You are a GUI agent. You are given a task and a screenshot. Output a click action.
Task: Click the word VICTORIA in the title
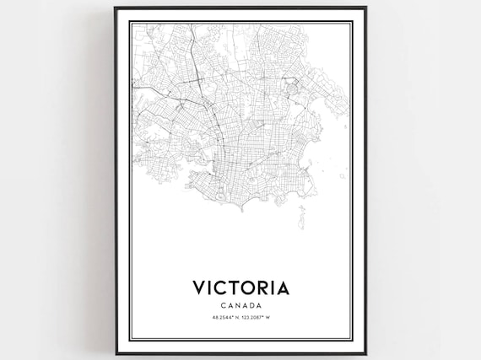(240, 287)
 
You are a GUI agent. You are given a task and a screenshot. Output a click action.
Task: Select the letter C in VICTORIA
(222, 287)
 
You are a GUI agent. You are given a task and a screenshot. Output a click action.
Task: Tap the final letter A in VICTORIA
(282, 287)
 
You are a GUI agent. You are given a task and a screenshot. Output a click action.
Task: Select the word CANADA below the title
(240, 305)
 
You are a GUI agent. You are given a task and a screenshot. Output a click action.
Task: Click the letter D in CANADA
(251, 305)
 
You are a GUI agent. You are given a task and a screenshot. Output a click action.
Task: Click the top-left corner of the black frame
(114, 8)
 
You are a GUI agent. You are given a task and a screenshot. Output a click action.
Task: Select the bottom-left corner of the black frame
(114, 355)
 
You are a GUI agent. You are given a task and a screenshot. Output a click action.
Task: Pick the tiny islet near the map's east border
(342, 176)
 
